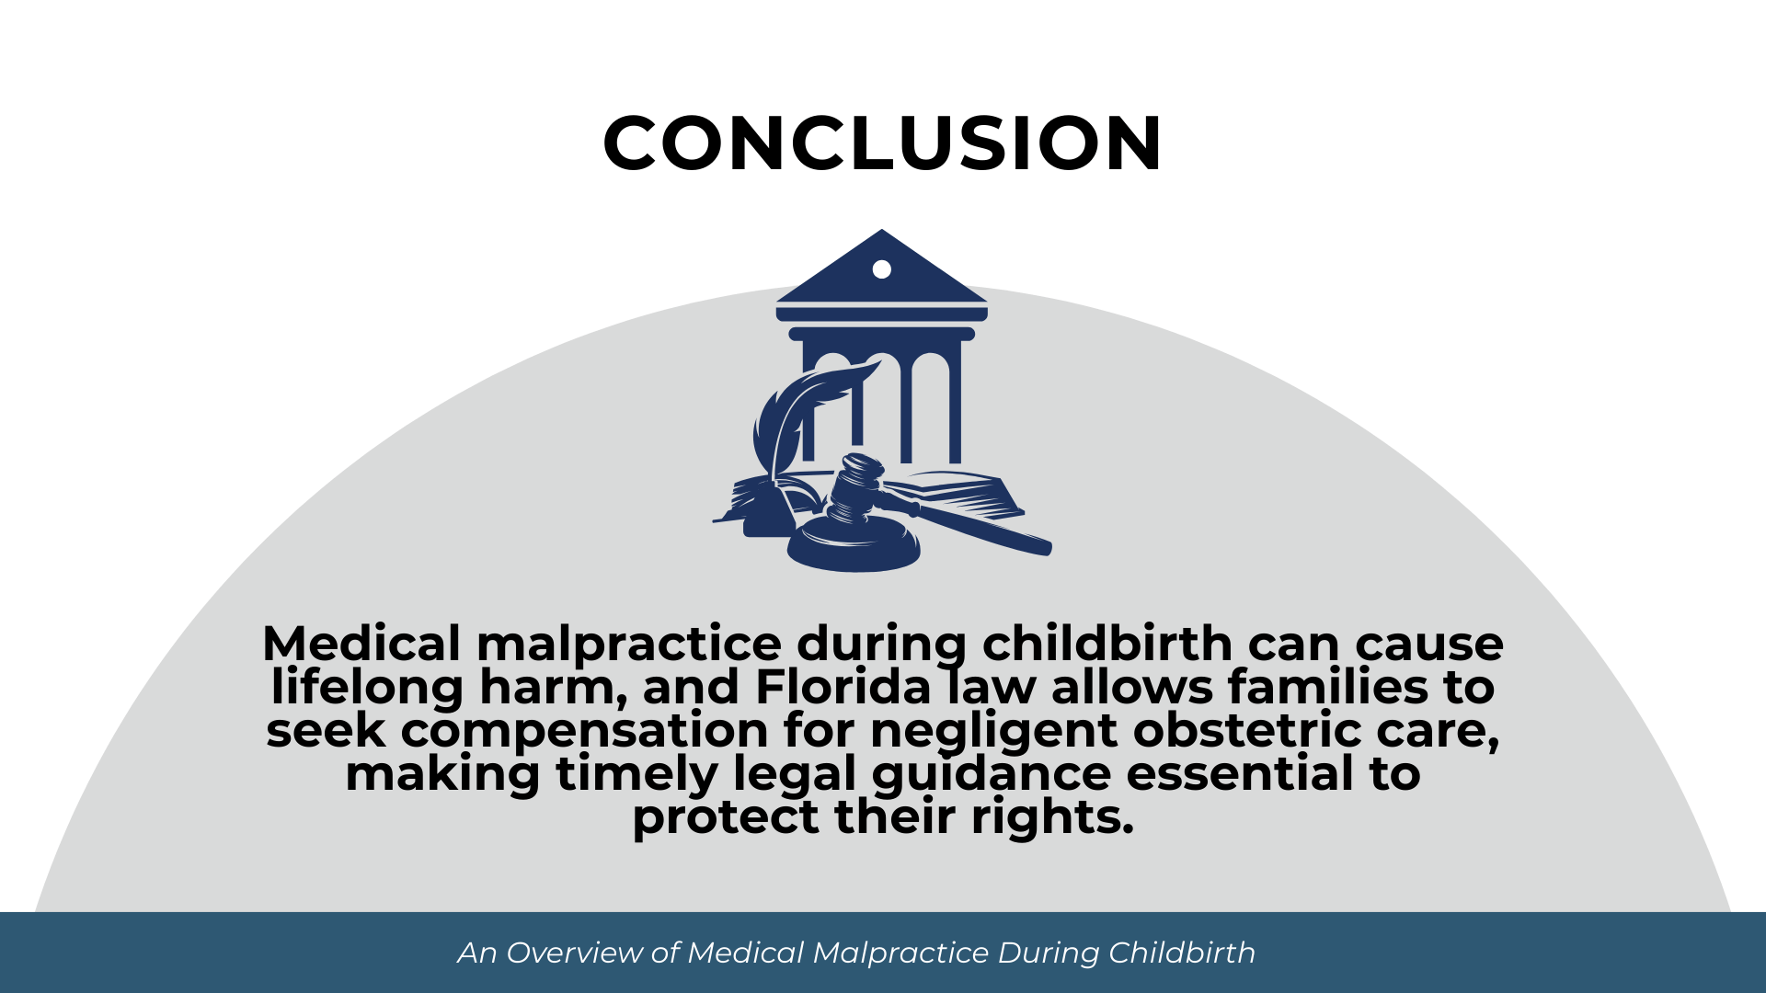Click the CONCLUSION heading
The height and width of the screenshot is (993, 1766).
coord(883,143)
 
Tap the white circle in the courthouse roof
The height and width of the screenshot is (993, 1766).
coord(881,269)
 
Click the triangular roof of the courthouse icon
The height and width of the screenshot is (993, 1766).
coord(881,280)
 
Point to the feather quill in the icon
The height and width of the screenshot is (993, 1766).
coord(791,414)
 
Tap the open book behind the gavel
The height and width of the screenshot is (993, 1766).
coord(957,492)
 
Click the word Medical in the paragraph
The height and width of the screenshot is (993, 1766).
coord(361,644)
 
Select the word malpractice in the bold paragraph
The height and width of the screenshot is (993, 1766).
coord(628,644)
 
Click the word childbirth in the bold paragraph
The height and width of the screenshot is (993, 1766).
coord(1107,644)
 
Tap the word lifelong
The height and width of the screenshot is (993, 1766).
coord(367,687)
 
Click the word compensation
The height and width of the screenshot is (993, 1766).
coord(584,730)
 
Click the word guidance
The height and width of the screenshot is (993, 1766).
coord(991,773)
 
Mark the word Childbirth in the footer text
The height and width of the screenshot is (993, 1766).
coord(1181,953)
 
